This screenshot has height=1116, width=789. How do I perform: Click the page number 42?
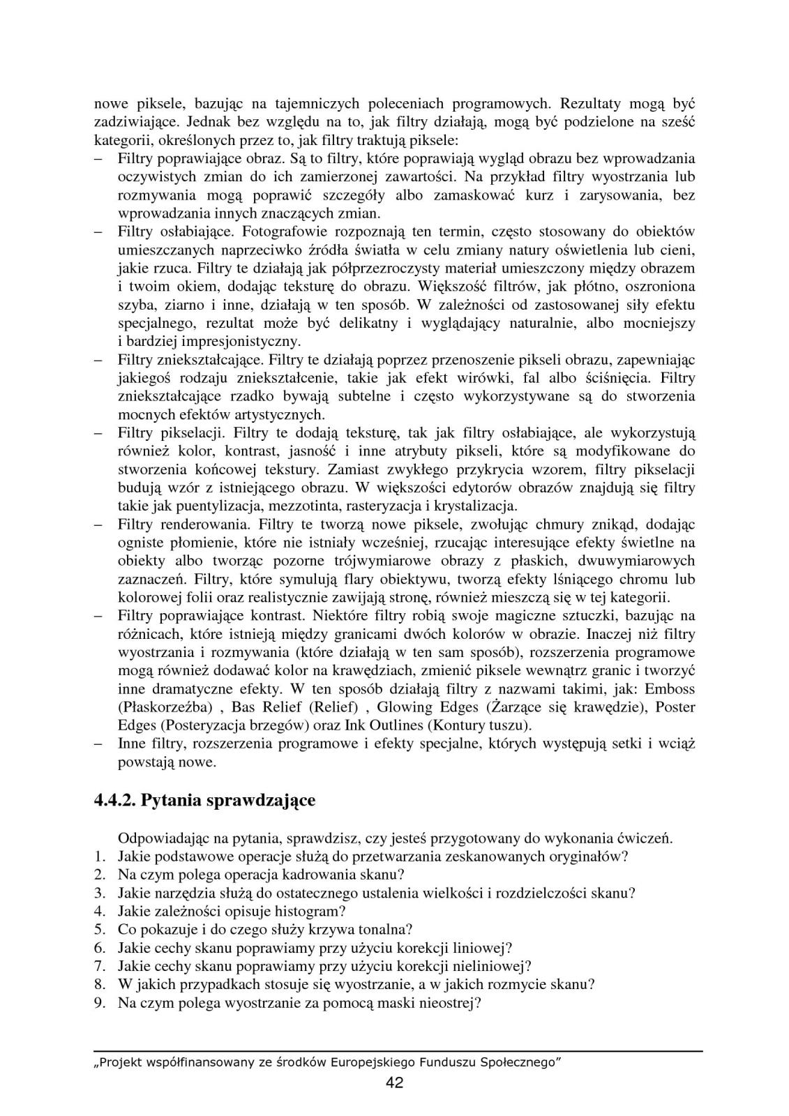pyautogui.click(x=394, y=1083)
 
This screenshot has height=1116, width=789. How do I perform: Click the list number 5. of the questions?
pyautogui.click(x=99, y=929)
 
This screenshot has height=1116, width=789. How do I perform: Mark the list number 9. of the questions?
pyautogui.click(x=99, y=1003)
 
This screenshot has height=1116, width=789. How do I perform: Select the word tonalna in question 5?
pyautogui.click(x=387, y=929)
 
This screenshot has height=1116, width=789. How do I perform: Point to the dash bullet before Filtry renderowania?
pyautogui.click(x=99, y=524)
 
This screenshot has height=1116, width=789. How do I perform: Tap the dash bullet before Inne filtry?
pyautogui.click(x=99, y=744)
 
